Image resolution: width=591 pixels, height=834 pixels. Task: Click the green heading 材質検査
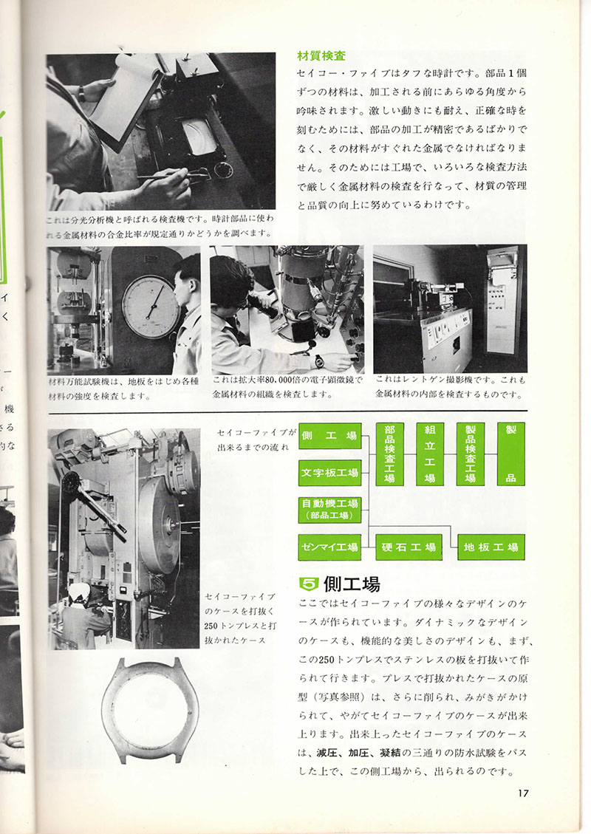coord(321,55)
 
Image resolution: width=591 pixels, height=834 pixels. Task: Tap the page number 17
coord(523,794)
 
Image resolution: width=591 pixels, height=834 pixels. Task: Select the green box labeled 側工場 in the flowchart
coord(329,436)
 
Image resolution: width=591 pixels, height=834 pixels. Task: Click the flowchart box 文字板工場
coord(329,472)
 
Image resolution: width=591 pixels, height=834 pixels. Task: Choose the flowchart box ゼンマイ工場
coord(329,547)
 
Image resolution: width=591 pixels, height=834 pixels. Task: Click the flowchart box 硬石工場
coord(409,547)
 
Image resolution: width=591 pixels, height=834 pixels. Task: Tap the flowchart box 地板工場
coord(491,547)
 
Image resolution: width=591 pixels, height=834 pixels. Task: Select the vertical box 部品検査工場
coord(389,454)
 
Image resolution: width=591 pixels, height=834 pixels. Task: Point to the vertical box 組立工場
coord(429,454)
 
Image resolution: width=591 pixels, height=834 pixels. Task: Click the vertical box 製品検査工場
coord(470,454)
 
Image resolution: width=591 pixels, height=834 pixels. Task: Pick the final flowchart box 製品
coord(510,454)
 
